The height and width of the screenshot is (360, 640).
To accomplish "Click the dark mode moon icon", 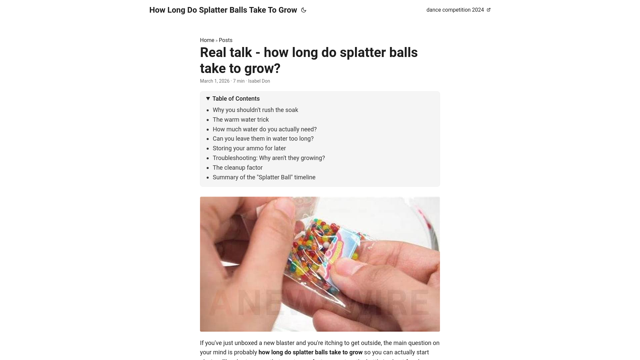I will tap(303, 10).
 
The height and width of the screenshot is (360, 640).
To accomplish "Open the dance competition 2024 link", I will tap(455, 10).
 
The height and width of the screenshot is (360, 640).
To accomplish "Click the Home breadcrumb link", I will tap(207, 40).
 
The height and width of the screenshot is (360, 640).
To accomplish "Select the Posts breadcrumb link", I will tap(225, 40).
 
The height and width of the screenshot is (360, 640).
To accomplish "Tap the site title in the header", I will tap(223, 10).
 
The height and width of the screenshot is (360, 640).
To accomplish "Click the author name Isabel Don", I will tap(259, 81).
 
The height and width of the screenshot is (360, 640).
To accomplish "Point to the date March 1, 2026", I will tap(215, 81).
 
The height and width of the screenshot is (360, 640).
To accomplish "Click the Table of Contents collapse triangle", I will tap(208, 99).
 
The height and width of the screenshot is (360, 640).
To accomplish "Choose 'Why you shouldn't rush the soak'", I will tap(255, 110).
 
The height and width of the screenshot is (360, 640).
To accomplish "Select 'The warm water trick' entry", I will tap(241, 120).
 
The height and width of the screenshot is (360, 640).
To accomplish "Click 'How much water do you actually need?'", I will tap(265, 129).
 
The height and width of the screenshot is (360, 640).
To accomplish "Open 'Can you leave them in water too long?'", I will tap(263, 139).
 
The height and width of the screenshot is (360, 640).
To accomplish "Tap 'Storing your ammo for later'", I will tap(249, 148).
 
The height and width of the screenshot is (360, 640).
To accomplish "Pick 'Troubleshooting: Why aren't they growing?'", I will tap(269, 158).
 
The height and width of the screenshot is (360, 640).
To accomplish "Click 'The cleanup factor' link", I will tap(237, 168).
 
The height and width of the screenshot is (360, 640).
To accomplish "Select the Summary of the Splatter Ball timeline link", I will tap(264, 177).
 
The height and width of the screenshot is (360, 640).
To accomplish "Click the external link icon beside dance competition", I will tap(489, 10).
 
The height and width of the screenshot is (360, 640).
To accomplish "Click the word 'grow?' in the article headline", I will tap(262, 69).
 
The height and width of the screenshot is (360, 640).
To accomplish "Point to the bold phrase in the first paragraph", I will tap(310, 352).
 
